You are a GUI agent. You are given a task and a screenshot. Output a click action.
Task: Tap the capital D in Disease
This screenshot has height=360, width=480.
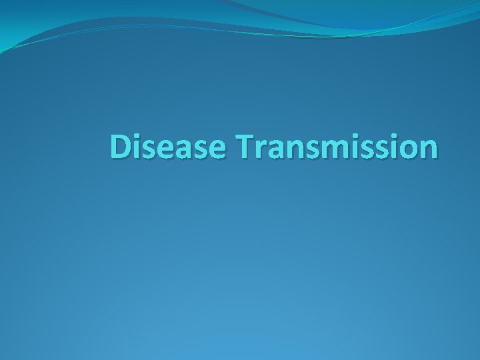[120, 148]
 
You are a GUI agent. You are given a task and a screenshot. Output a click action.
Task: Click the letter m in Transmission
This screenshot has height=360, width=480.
[324, 151]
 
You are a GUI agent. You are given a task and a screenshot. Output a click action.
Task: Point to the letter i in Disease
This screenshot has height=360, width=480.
[136, 148]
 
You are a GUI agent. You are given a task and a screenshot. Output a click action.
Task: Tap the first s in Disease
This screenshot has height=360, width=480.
[147, 151]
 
